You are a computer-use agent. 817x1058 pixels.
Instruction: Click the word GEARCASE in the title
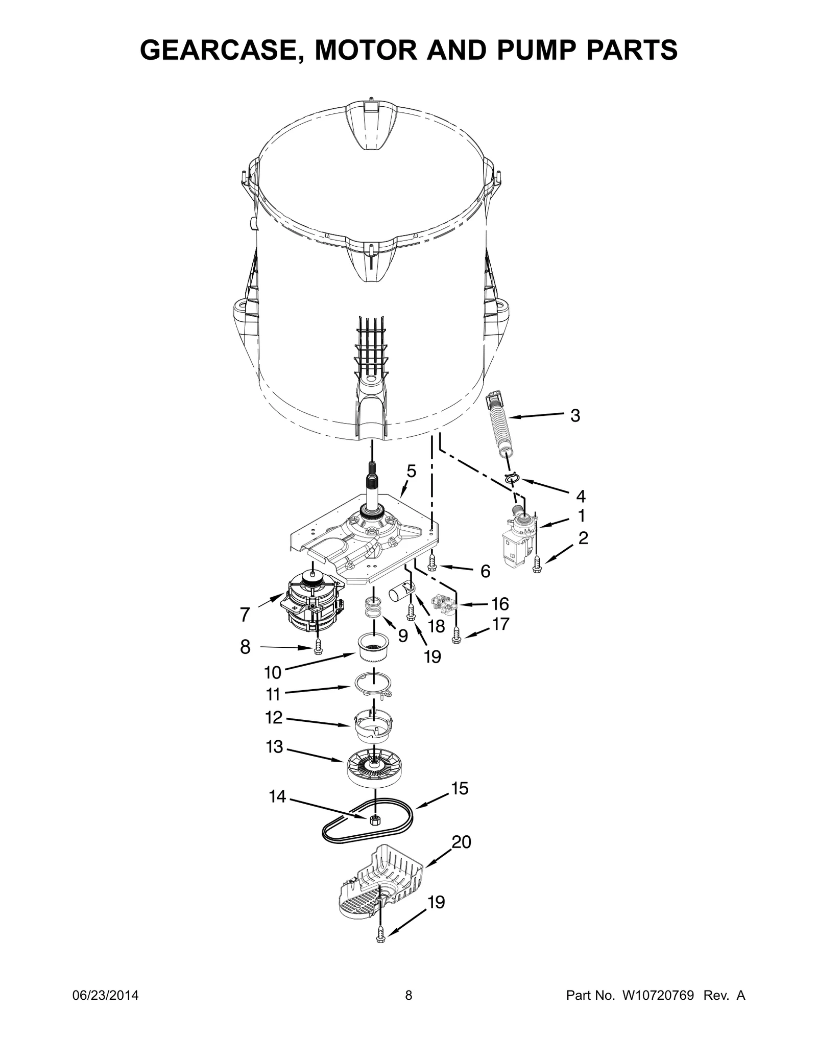(x=214, y=50)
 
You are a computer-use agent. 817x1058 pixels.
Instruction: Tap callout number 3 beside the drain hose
(x=575, y=416)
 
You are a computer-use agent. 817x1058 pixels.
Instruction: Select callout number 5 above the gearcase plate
(x=411, y=471)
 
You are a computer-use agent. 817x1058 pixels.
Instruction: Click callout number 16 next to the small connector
(x=500, y=604)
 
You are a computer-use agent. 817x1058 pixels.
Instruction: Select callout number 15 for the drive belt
(x=460, y=788)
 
